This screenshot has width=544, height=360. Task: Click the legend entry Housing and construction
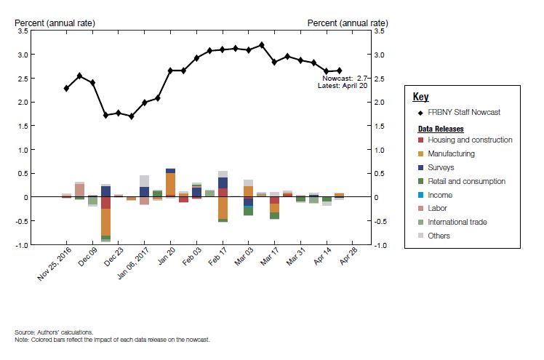point(470,140)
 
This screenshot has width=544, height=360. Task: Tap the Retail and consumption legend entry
point(466,181)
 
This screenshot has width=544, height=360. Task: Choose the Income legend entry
point(440,195)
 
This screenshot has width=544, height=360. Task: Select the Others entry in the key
point(439,236)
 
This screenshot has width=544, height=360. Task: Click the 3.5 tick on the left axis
point(23,31)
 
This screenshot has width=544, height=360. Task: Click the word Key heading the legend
point(420,97)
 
